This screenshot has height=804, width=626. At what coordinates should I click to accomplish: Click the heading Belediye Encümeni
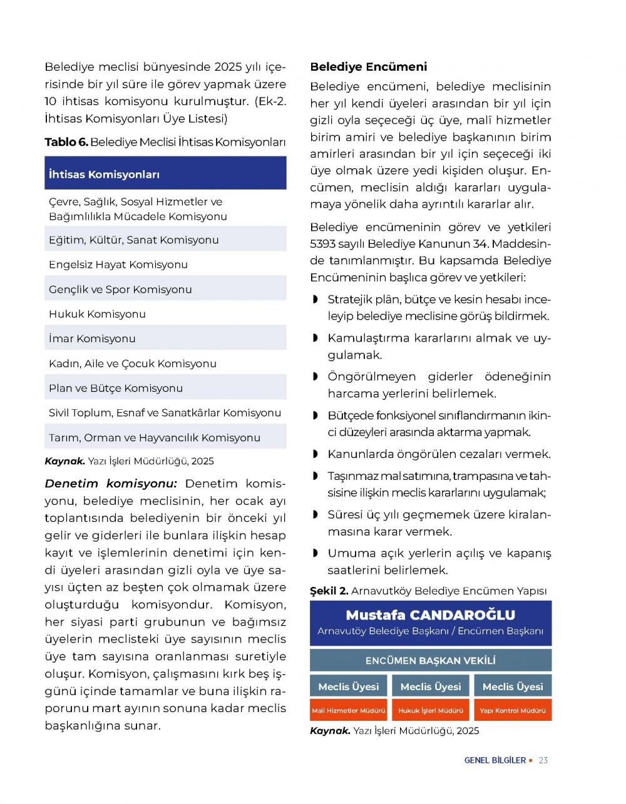click(368, 67)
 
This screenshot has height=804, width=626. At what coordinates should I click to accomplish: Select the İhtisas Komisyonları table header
click(104, 175)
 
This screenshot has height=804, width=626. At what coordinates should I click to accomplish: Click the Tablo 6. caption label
click(66, 142)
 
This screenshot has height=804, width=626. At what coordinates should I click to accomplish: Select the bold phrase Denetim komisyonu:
click(111, 484)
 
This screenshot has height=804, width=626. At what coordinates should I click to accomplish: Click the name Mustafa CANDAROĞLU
click(430, 615)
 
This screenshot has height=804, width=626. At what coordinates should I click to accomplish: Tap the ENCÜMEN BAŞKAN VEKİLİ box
click(430, 661)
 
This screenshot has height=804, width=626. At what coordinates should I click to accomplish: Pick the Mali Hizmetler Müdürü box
click(349, 711)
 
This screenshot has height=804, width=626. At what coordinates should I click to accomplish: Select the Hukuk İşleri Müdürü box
click(431, 711)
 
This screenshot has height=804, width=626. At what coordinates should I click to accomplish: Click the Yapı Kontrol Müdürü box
click(513, 711)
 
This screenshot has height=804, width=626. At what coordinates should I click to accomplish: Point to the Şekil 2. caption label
click(329, 591)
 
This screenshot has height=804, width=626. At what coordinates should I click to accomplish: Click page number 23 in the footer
click(543, 760)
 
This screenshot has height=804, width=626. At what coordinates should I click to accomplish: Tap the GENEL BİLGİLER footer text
click(495, 760)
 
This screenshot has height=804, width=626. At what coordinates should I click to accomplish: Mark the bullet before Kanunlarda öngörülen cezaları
click(316, 454)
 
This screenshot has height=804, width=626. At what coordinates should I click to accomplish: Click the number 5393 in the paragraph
click(323, 244)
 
